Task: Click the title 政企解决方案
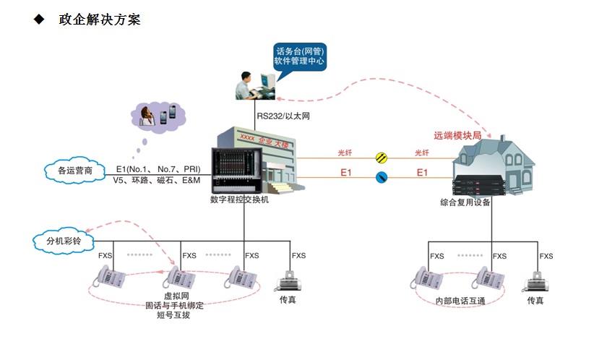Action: (x=100, y=20)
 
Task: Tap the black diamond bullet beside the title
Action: (x=38, y=20)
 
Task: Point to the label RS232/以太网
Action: (x=283, y=116)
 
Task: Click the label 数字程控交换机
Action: (x=239, y=199)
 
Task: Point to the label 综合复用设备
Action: (x=465, y=202)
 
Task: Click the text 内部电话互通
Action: (x=458, y=301)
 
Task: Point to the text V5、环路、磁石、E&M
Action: (x=157, y=180)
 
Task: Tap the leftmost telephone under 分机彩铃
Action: (x=111, y=276)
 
